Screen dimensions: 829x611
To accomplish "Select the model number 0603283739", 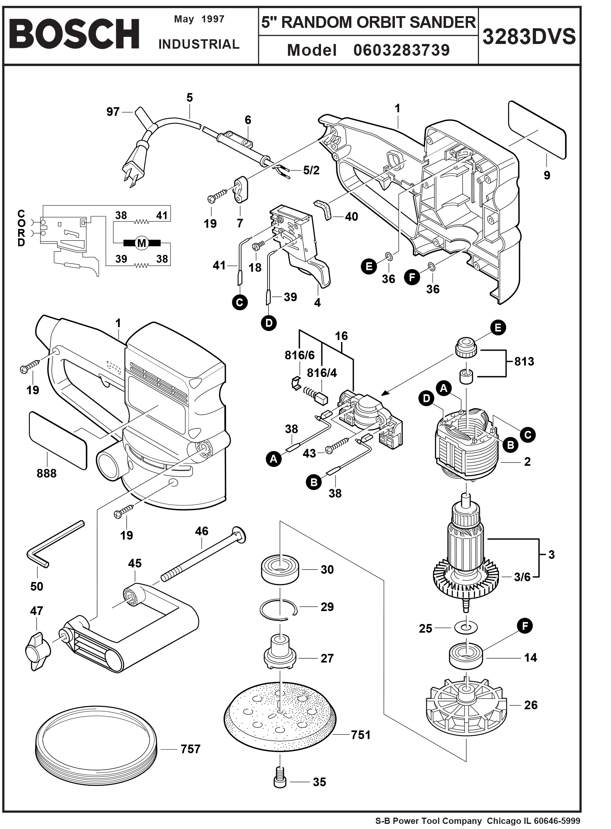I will (x=401, y=50).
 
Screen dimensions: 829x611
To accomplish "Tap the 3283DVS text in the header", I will (x=529, y=37).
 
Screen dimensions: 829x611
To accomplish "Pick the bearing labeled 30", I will (x=280, y=570).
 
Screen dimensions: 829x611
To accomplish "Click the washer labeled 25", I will (x=465, y=627).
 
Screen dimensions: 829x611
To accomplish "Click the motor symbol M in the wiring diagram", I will (x=141, y=243).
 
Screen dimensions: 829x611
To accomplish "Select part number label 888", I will (x=46, y=473).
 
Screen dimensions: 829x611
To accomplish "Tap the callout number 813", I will (x=524, y=361).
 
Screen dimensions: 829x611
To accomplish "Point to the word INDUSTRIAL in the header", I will (x=199, y=44).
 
